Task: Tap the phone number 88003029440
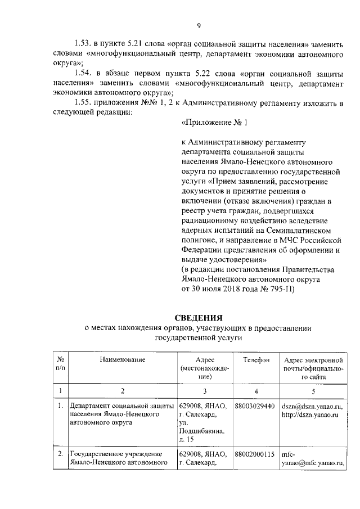[x=255, y=406]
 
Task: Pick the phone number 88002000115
[x=255, y=454]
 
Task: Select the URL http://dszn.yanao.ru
[x=309, y=415]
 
